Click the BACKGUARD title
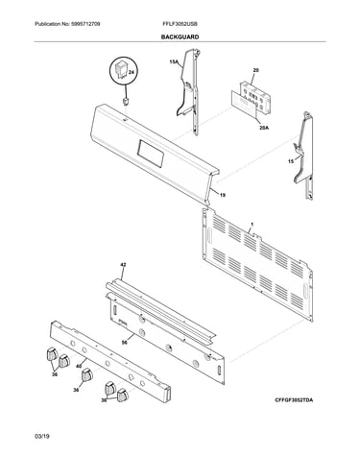[180, 37]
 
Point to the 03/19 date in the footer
[42, 436]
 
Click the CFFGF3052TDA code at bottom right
[294, 400]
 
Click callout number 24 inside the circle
[131, 73]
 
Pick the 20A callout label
[264, 128]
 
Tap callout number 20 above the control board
[255, 70]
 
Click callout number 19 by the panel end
[222, 195]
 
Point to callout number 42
[123, 265]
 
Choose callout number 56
[125, 343]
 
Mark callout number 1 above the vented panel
[252, 226]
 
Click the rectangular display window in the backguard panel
[151, 154]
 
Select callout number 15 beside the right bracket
[291, 161]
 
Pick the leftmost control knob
[52, 353]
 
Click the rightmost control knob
[122, 396]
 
